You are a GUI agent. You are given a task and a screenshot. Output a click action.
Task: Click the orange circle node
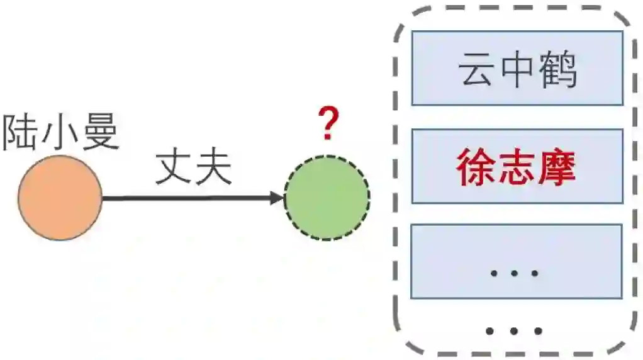tap(60, 198)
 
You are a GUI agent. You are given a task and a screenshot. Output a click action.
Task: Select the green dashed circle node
tap(327, 198)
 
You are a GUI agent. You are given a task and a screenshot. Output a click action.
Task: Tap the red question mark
tap(327, 124)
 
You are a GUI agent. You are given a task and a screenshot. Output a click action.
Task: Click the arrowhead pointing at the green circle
tap(277, 198)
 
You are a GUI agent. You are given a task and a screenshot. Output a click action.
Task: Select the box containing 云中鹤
tap(517, 68)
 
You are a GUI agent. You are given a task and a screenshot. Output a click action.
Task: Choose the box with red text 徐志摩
tap(517, 167)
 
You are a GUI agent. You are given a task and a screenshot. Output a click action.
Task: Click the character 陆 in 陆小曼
tap(20, 132)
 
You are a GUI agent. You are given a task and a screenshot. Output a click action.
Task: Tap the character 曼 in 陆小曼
tap(100, 132)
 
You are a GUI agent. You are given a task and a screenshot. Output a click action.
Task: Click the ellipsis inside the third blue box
tap(515, 273)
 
